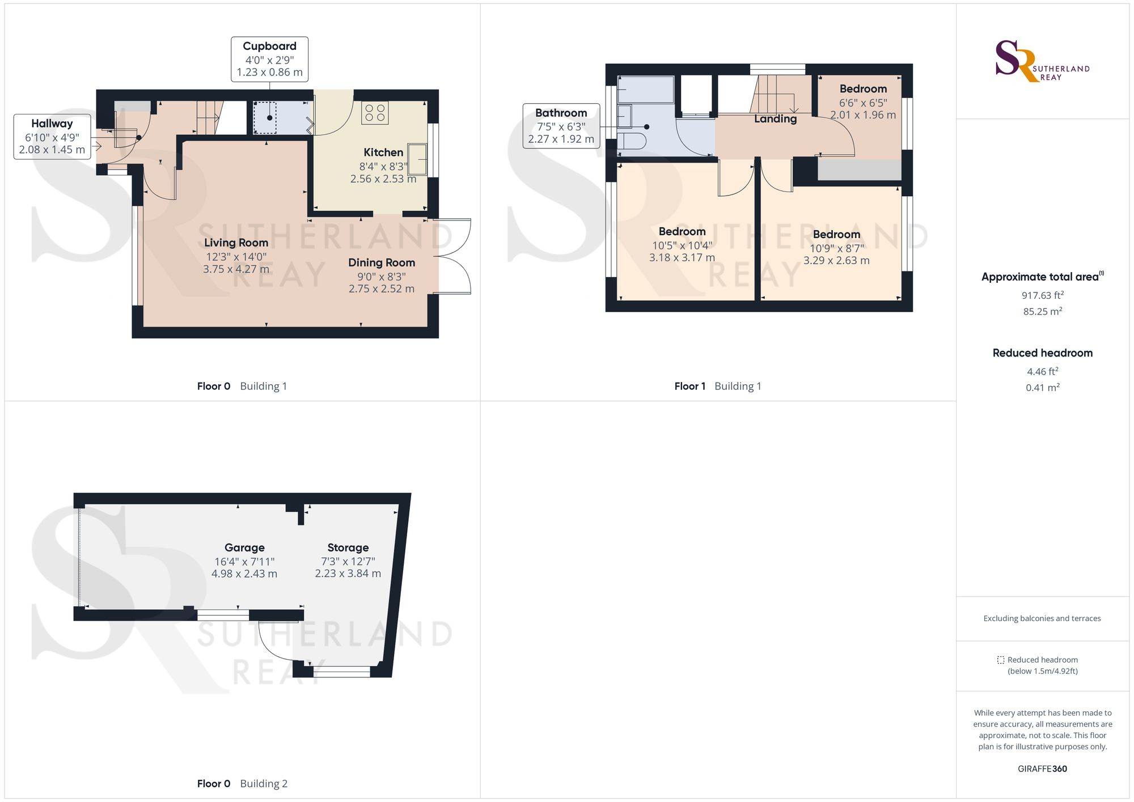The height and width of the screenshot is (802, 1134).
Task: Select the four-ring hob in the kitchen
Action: pyautogui.click(x=375, y=112)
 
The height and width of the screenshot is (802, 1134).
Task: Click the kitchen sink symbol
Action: pyautogui.click(x=418, y=160)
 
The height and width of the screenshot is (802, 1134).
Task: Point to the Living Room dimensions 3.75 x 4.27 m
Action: pyautogui.click(x=236, y=269)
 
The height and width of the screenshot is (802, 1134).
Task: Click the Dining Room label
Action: pyautogui.click(x=382, y=262)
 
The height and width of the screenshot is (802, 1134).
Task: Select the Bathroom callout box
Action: pyautogui.click(x=561, y=126)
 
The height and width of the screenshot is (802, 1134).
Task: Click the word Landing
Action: pyautogui.click(x=775, y=119)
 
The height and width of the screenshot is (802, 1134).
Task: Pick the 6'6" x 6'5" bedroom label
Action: pyautogui.click(x=863, y=89)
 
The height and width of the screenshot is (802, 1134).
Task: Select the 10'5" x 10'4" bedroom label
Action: pyautogui.click(x=682, y=232)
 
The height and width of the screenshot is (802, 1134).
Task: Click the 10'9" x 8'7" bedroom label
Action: pyautogui.click(x=836, y=235)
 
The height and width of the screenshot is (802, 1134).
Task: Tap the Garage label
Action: pyautogui.click(x=244, y=548)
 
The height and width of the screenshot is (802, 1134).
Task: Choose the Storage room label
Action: pyautogui.click(x=348, y=548)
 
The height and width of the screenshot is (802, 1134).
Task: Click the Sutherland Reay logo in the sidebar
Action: pyautogui.click(x=1042, y=61)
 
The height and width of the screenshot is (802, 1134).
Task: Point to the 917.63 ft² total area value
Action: pyautogui.click(x=1042, y=295)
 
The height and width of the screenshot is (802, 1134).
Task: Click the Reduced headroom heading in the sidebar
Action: pyautogui.click(x=1042, y=353)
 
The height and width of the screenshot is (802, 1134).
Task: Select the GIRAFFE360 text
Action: pyautogui.click(x=1042, y=769)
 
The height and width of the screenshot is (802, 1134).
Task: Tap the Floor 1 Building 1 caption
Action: pyautogui.click(x=717, y=387)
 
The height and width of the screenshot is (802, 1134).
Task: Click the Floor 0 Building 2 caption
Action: pyautogui.click(x=242, y=784)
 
